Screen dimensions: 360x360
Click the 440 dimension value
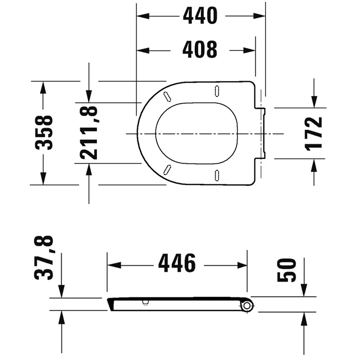click(200, 15)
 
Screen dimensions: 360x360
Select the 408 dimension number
click(200, 49)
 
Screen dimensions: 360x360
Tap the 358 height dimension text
click(44, 133)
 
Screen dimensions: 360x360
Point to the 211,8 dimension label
click(89, 132)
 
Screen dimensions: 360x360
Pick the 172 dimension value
click(313, 134)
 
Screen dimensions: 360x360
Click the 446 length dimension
click(177, 263)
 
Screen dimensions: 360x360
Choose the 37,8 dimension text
click(44, 257)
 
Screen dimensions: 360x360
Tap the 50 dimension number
click(286, 270)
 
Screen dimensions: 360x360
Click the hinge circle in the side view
click(247, 306)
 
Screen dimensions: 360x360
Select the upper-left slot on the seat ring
click(167, 96)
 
